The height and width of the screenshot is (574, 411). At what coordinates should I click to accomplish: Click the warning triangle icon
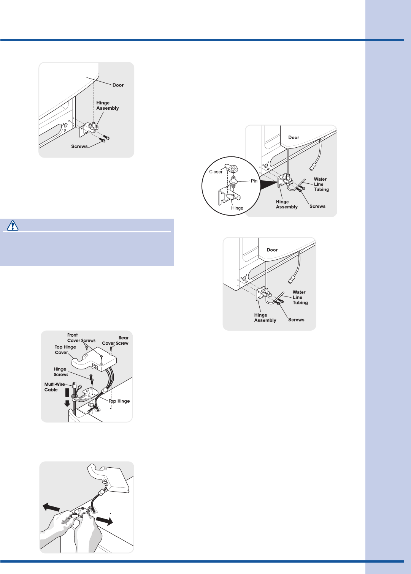pos(12,225)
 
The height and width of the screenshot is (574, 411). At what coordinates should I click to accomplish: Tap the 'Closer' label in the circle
pos(216,172)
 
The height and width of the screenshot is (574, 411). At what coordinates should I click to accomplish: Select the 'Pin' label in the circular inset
pos(254,181)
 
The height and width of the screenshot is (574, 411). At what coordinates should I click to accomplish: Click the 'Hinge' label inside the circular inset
pos(237,208)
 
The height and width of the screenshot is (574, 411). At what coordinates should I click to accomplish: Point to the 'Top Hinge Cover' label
pos(65,350)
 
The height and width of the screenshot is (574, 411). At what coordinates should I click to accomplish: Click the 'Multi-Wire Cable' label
pos(55,387)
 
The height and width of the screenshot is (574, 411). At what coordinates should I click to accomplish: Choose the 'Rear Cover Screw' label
pos(115,341)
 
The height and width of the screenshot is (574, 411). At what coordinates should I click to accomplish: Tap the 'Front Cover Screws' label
pos(81,338)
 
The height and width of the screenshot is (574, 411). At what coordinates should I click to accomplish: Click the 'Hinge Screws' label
pos(61,372)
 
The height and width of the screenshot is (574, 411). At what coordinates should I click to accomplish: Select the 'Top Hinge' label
pos(119,401)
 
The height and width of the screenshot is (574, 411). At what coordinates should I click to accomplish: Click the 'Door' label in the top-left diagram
pos(118,85)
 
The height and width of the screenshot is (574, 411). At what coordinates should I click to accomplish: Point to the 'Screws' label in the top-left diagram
pos(79,146)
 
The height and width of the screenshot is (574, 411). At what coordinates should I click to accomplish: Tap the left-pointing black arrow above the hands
pos(51,507)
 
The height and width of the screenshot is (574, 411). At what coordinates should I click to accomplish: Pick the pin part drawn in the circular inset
pos(233,181)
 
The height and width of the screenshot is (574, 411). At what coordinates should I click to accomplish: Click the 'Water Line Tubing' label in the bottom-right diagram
pos(300,297)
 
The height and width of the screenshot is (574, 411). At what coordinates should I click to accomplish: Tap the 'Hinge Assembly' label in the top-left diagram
pos(108,105)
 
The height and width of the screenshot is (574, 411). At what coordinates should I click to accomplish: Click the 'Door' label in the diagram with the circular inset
pos(294,137)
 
